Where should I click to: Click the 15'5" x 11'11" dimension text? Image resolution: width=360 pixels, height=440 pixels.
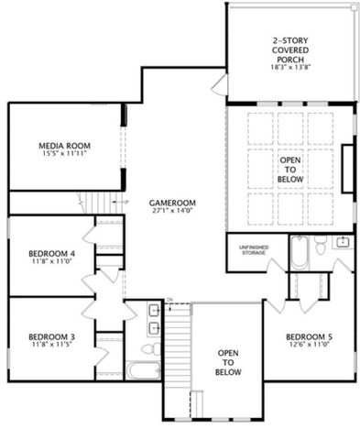coord(62,153)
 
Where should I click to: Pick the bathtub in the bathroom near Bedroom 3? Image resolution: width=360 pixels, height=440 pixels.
coord(142,370)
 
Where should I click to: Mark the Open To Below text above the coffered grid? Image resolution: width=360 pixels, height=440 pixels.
coord(289,170)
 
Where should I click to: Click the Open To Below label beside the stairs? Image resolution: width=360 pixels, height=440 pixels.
coord(229,362)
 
